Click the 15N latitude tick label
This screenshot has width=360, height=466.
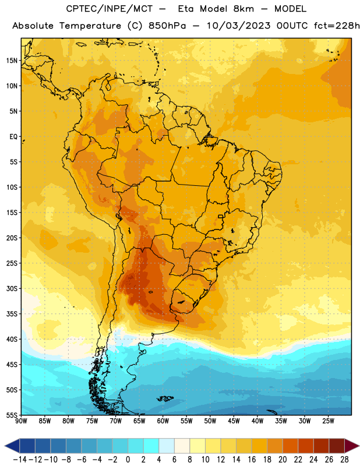[12, 61]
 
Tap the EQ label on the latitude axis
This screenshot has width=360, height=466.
[13, 137]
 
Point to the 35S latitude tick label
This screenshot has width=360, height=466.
[12, 314]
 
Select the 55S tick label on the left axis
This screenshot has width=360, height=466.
[12, 415]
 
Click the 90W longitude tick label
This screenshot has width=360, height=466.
[21, 421]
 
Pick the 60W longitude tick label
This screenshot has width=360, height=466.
[163, 421]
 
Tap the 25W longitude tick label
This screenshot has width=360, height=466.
[328, 421]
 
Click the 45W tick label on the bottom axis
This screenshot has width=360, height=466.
[234, 421]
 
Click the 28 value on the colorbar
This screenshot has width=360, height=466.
[344, 460]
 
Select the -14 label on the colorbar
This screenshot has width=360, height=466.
[20, 460]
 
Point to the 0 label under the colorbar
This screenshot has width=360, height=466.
[128, 460]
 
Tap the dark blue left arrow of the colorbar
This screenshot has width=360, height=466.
[12, 446]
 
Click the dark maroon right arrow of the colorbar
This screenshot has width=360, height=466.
[352, 446]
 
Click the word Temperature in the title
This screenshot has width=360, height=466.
[90, 26]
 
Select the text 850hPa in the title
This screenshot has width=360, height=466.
[167, 26]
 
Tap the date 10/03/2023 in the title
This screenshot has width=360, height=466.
[238, 26]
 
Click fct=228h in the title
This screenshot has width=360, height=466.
[337, 26]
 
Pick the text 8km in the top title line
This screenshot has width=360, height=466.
[243, 9]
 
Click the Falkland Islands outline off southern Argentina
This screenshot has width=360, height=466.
[165, 398]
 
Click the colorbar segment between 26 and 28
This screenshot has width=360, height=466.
[337, 446]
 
